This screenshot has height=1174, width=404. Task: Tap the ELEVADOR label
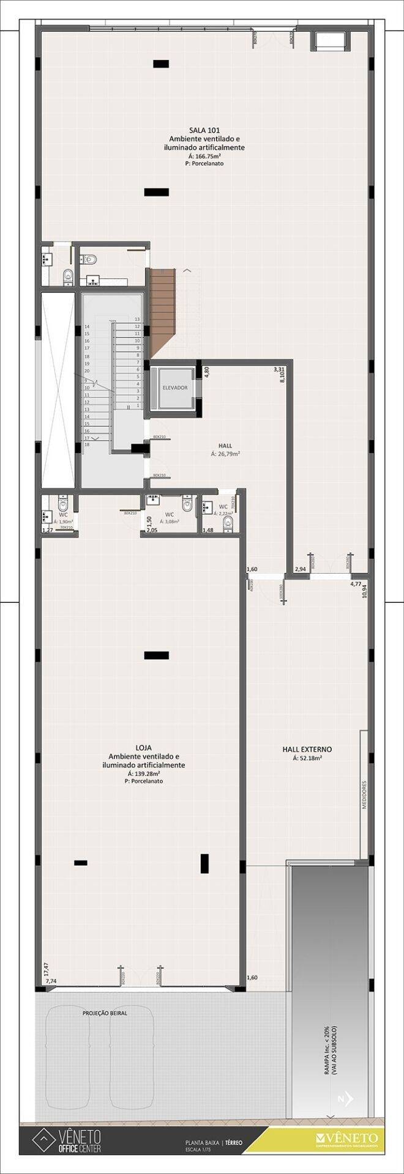point(174,388)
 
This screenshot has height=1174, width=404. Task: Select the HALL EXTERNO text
point(307,748)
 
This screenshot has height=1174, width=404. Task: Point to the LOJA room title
point(144,747)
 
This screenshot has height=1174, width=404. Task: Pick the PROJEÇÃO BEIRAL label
point(105,1013)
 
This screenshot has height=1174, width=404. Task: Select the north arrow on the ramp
point(344,1098)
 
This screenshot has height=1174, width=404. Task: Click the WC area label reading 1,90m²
point(62,522)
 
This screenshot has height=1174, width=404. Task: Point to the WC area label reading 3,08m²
point(170,522)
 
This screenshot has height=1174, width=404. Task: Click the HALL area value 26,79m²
point(225,454)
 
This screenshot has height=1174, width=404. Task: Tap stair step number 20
point(87,371)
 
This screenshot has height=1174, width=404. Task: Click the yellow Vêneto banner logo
point(347,1138)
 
